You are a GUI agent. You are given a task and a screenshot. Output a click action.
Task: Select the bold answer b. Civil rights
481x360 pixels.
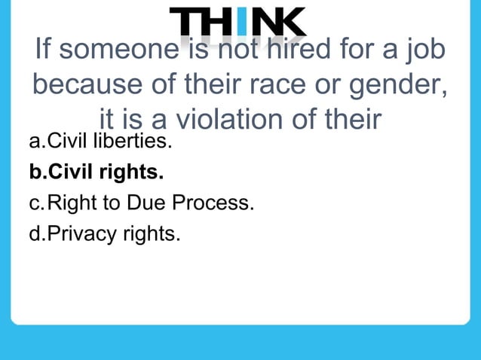(x=96, y=172)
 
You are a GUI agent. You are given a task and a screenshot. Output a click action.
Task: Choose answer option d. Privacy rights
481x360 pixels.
(x=105, y=233)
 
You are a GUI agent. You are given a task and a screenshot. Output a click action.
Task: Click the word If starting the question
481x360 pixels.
(x=44, y=52)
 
